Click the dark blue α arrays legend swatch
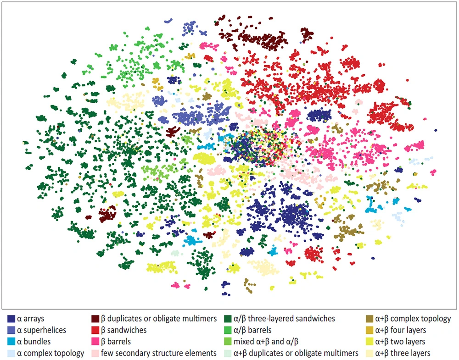tap(11, 319)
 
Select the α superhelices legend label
tap(42, 330)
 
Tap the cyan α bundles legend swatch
tap(11, 342)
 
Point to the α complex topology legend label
tap(50, 353)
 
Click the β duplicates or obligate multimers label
tap(159, 319)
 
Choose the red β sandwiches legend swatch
tap(95, 330)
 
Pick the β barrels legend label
tap(116, 342)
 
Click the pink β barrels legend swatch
tap(95, 342)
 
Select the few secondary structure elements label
tap(159, 353)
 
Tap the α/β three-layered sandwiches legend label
tap(284, 319)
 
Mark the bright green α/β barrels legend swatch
tap(228, 330)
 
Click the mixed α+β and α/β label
tap(266, 342)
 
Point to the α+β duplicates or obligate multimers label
tap(296, 353)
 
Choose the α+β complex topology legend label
tap(413, 319)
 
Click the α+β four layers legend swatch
tap(369, 330)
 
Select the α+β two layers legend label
tap(400, 342)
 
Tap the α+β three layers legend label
tap(403, 353)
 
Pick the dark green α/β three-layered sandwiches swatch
tap(228, 319)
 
